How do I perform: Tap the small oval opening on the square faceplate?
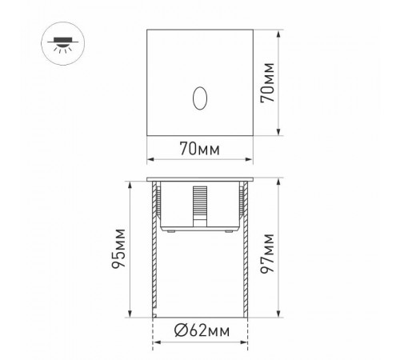199,98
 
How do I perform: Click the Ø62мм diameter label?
201,330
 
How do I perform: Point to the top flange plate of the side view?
200,178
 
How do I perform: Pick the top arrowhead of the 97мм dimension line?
278,181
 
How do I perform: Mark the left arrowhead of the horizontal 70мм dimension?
150,158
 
